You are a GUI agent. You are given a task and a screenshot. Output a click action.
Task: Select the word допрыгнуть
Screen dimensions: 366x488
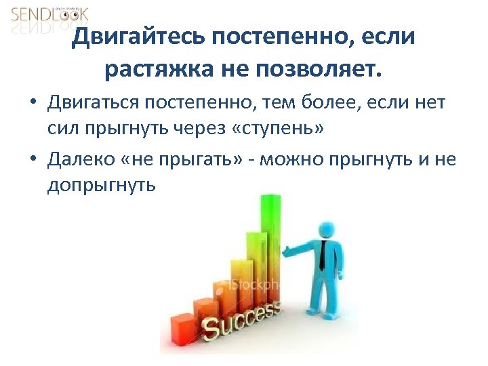click(x=102, y=185)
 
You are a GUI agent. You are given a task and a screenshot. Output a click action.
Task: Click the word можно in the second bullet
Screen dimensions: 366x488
click(x=291, y=160)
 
